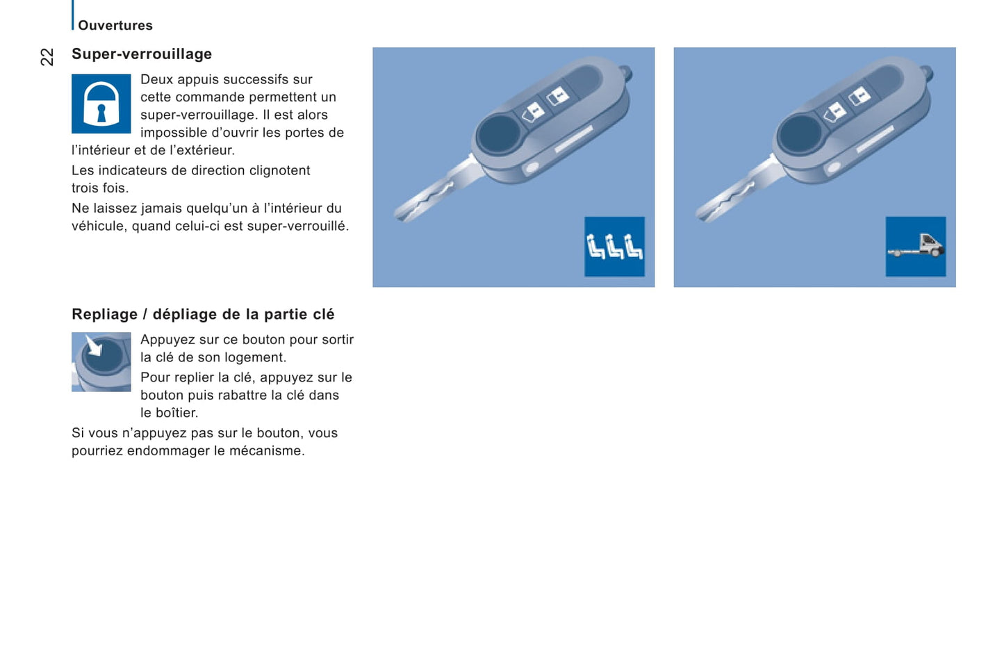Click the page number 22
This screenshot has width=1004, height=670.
click(47, 57)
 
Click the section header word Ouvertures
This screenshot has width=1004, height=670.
click(115, 26)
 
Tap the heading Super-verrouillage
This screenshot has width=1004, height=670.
click(142, 54)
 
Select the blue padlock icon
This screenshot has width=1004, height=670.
click(101, 104)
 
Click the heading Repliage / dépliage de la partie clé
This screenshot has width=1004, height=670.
click(203, 314)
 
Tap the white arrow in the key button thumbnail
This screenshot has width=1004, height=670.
click(93, 345)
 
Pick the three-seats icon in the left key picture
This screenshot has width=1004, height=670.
click(614, 246)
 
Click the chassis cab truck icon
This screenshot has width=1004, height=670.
click(916, 246)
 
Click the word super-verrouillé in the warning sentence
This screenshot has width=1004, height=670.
click(297, 226)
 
